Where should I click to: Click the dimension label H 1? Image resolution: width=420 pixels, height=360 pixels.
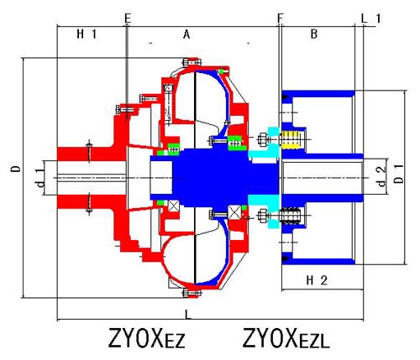pyautogui.click(x=87, y=34)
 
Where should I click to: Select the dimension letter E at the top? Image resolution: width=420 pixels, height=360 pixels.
pyautogui.click(x=128, y=18)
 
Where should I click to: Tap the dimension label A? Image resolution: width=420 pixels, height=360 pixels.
pyautogui.click(x=186, y=34)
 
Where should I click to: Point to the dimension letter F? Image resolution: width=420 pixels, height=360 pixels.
pyautogui.click(x=281, y=18)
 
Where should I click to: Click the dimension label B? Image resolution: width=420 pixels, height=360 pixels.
pyautogui.click(x=314, y=34)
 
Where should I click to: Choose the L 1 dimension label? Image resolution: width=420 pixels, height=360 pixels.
pyautogui.click(x=371, y=18)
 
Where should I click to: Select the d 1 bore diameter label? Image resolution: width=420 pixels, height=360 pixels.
pyautogui.click(x=41, y=179)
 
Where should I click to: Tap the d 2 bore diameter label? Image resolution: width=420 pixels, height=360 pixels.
pyautogui.click(x=381, y=176)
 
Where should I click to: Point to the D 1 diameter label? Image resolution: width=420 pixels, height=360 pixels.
pyautogui.click(x=399, y=174)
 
